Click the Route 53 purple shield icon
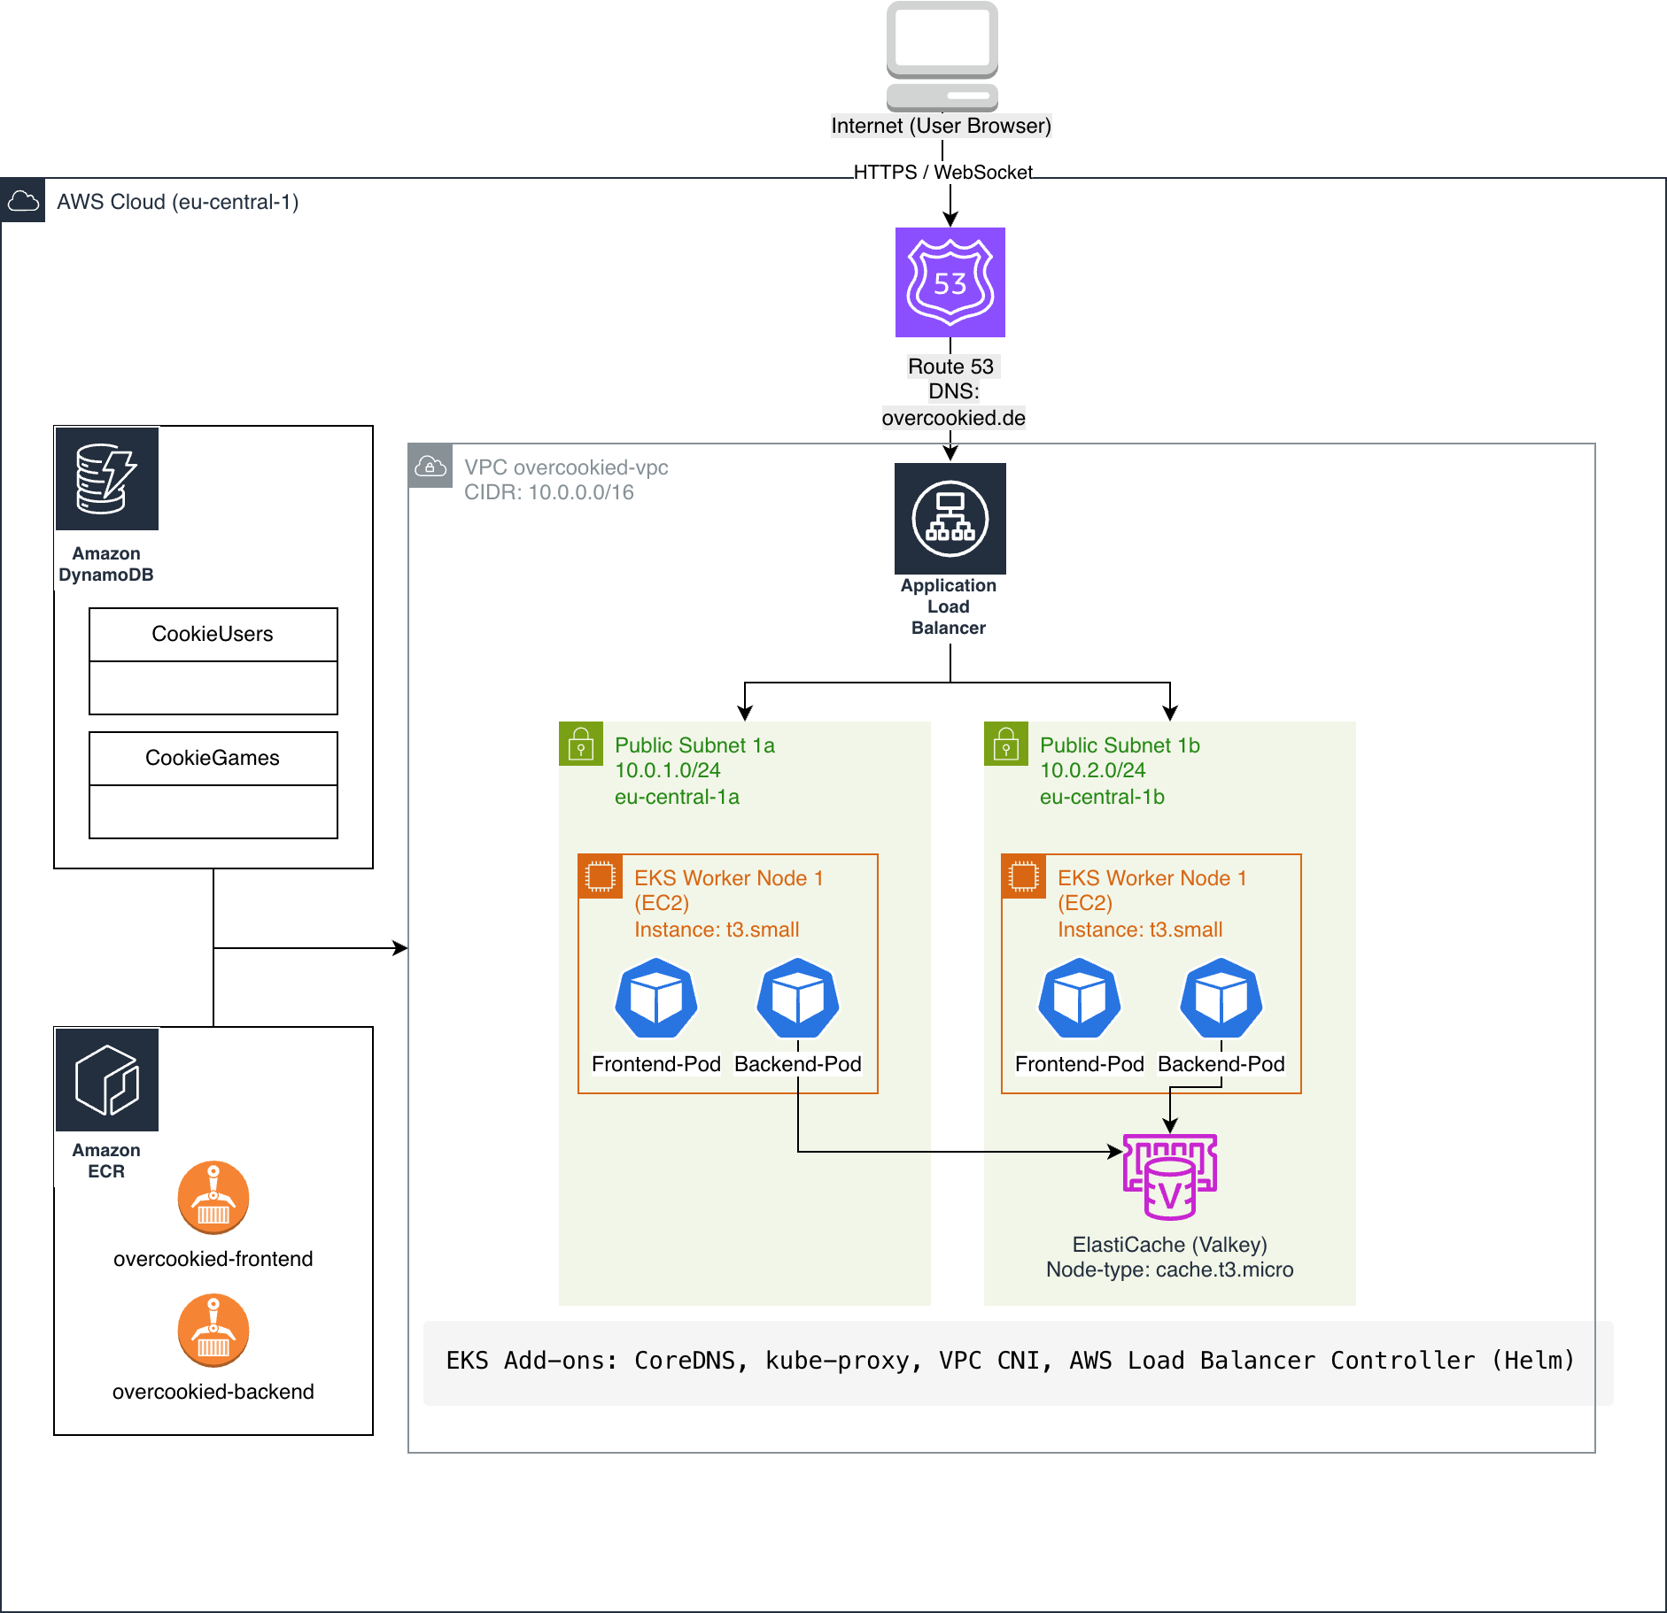click(950, 282)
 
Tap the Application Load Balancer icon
click(950, 519)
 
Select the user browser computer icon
click(942, 56)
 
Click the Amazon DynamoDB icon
click(107, 479)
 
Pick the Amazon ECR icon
click(107, 1080)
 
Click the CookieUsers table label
click(213, 634)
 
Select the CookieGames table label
click(213, 758)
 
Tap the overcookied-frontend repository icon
click(213, 1197)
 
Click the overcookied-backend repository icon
click(213, 1330)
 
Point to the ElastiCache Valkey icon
click(1169, 1177)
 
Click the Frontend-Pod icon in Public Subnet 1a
click(655, 998)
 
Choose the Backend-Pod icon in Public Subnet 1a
click(797, 998)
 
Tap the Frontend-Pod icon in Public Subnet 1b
click(1079, 998)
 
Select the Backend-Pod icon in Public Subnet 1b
click(1221, 998)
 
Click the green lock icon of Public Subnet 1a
click(581, 744)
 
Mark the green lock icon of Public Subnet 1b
click(1006, 744)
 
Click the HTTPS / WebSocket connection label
click(942, 172)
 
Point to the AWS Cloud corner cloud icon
click(23, 201)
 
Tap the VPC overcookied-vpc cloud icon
click(430, 466)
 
